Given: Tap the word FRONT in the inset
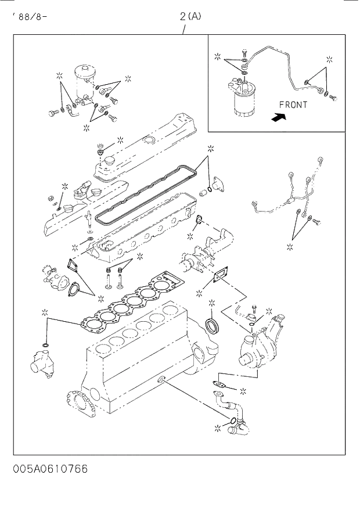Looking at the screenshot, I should point(293,105).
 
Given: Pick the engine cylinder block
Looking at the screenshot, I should point(139,354).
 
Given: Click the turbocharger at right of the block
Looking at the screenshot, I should point(261,346).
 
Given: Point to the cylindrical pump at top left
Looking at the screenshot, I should point(84,81).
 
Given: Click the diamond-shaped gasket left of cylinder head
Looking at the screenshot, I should point(73,265).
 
